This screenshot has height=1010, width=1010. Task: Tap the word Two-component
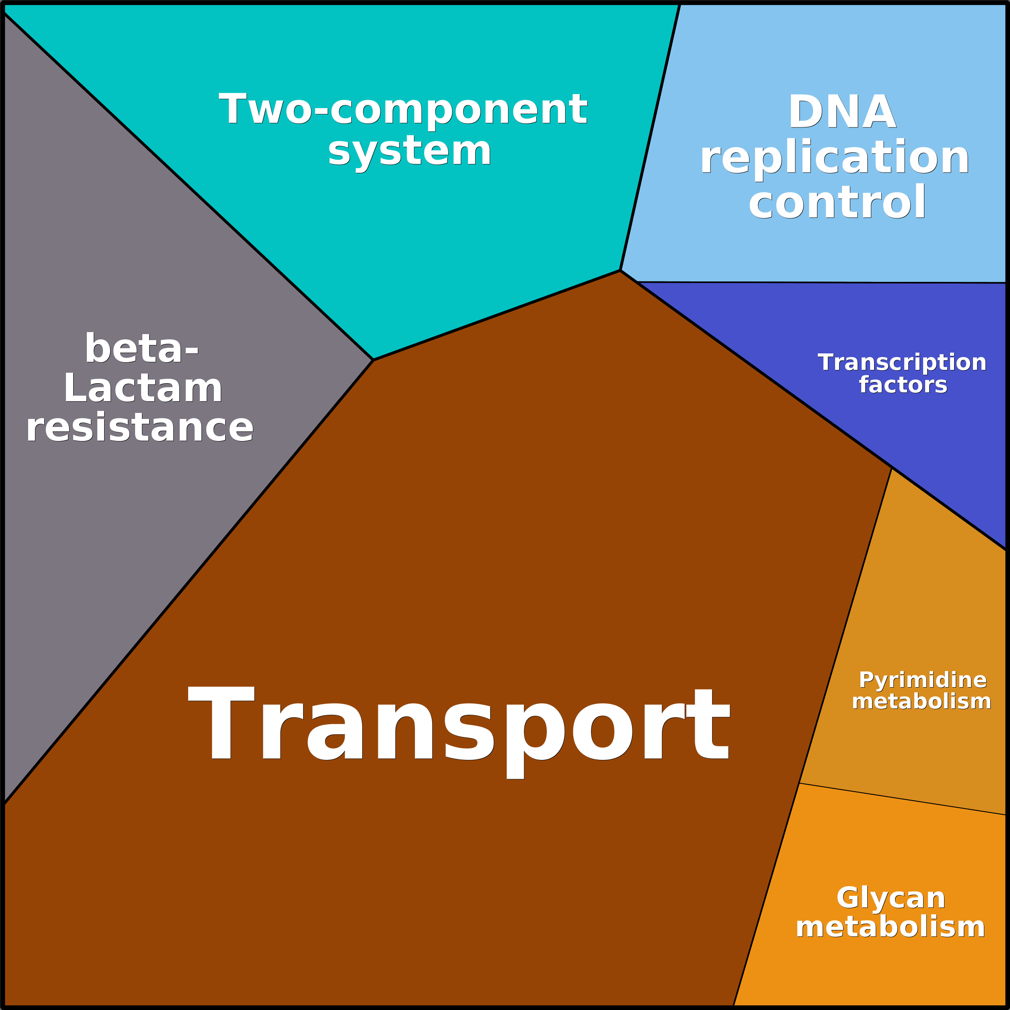click(403, 109)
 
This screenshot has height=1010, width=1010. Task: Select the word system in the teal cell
click(409, 152)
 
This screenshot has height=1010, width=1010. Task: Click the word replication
click(834, 158)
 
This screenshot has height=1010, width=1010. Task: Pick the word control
click(837, 202)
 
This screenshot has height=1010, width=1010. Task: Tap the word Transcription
click(902, 362)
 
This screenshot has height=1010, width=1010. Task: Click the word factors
click(903, 385)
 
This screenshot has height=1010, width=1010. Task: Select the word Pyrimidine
click(923, 680)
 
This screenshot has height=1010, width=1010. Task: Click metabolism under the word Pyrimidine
click(921, 701)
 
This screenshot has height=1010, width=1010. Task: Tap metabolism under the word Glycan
click(890, 927)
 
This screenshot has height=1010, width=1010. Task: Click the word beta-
click(141, 348)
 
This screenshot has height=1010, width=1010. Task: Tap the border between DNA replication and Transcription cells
click(822, 282)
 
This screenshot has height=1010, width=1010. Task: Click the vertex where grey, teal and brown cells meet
click(373, 360)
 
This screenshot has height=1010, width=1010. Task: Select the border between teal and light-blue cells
click(650, 137)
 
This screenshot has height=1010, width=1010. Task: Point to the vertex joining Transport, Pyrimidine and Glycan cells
click(800, 782)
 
